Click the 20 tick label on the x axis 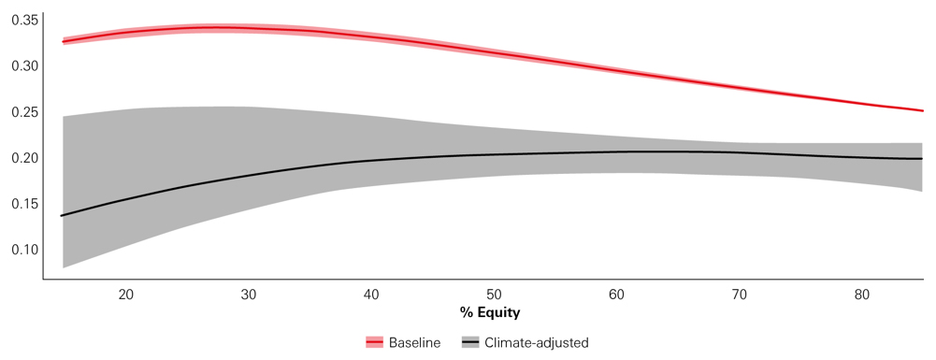(126, 295)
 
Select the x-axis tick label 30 (249, 295)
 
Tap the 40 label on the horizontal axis (371, 295)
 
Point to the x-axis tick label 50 (494, 295)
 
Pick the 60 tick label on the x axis (617, 295)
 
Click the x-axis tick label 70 (740, 295)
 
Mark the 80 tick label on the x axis (862, 295)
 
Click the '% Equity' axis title (489, 312)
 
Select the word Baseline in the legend (414, 343)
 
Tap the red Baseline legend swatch (374, 343)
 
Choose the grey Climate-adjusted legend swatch (471, 343)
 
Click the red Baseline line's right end (922, 110)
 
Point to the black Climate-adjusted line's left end (63, 216)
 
